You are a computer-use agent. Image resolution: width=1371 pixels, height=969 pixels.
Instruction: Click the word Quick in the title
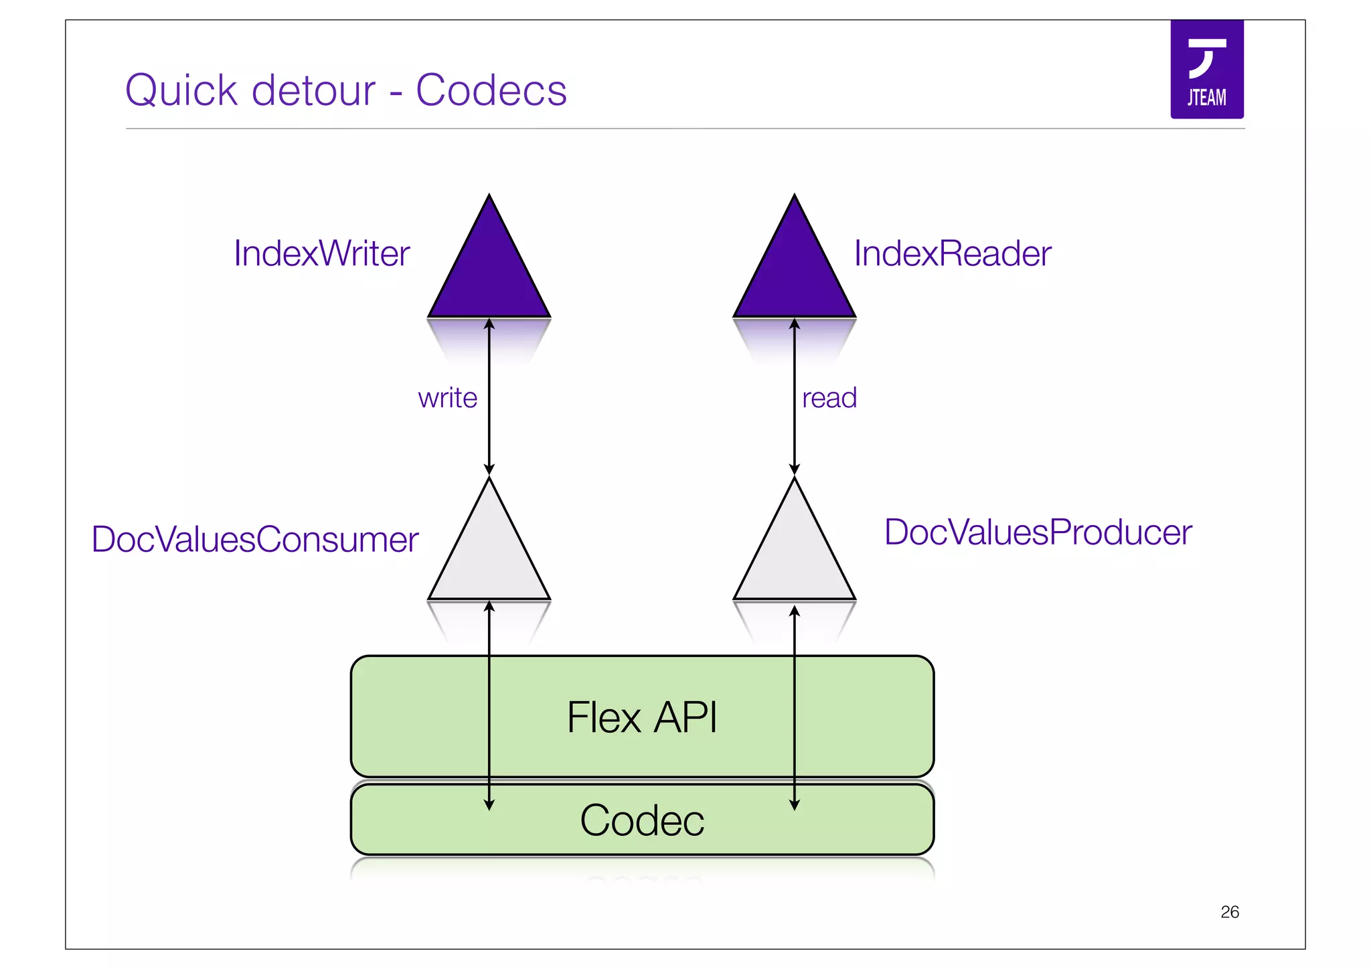(181, 90)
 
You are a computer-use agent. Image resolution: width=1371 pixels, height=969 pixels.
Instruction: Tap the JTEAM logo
(1206, 70)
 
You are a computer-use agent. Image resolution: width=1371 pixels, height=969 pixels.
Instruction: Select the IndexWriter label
(321, 254)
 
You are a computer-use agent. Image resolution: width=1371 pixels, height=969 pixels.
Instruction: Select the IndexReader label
(952, 254)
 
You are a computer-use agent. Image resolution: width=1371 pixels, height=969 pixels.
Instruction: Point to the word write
(447, 398)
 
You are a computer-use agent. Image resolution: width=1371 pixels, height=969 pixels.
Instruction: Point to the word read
(829, 398)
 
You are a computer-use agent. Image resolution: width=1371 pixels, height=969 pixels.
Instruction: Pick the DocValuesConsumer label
(255, 539)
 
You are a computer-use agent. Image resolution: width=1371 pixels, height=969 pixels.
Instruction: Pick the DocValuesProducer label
(1038, 532)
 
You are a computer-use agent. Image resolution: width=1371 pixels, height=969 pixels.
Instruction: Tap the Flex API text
(641, 717)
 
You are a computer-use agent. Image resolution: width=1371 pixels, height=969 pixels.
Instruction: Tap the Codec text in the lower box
(641, 820)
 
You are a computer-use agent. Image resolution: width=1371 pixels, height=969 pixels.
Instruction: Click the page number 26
(1229, 912)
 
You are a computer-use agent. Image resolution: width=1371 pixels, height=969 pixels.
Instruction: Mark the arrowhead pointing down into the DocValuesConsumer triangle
(489, 469)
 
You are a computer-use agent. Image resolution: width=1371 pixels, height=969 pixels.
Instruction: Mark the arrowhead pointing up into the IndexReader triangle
(795, 324)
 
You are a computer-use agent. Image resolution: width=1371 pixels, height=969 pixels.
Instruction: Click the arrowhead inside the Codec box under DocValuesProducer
(795, 805)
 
